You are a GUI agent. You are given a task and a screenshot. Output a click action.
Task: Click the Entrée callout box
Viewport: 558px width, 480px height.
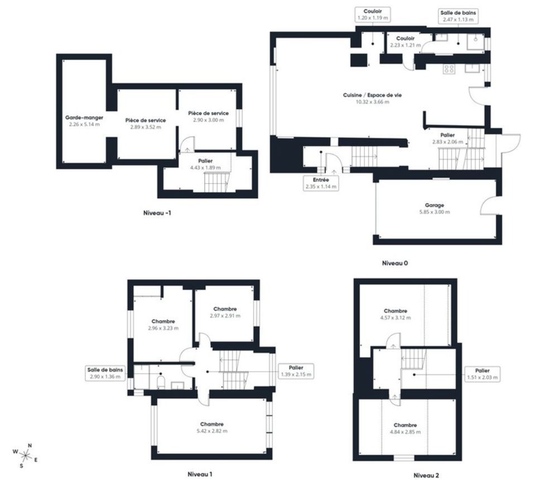(x=321, y=183)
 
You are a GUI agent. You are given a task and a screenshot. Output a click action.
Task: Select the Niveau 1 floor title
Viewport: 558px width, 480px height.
(x=200, y=474)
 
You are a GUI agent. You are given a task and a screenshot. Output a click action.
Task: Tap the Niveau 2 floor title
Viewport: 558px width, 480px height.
(x=426, y=475)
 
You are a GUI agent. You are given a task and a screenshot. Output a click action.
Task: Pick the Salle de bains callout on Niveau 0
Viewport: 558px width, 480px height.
(x=458, y=16)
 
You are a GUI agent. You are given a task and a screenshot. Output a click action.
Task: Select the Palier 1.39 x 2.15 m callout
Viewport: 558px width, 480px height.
(x=296, y=371)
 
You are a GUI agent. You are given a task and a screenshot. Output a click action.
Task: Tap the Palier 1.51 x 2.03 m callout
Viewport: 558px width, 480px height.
(x=483, y=374)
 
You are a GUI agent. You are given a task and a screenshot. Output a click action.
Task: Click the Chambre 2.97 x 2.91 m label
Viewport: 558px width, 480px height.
(x=225, y=312)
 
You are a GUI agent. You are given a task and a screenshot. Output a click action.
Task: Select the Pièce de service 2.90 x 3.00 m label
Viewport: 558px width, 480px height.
(x=208, y=117)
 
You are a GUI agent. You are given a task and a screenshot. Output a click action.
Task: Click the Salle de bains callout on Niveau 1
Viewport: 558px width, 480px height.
(x=105, y=373)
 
